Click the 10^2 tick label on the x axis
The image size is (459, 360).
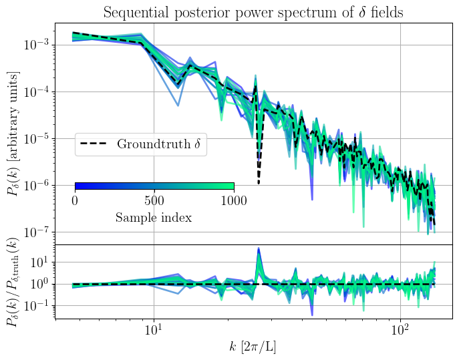[400, 330]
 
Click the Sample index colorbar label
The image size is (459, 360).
[154, 218]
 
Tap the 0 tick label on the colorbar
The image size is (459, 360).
[75, 200]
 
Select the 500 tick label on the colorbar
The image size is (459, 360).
[154, 200]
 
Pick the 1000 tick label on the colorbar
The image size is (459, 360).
[233, 200]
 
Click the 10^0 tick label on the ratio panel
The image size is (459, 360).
[39, 284]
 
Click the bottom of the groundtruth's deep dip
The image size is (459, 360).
[259, 184]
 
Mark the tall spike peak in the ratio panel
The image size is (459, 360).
[258, 249]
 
